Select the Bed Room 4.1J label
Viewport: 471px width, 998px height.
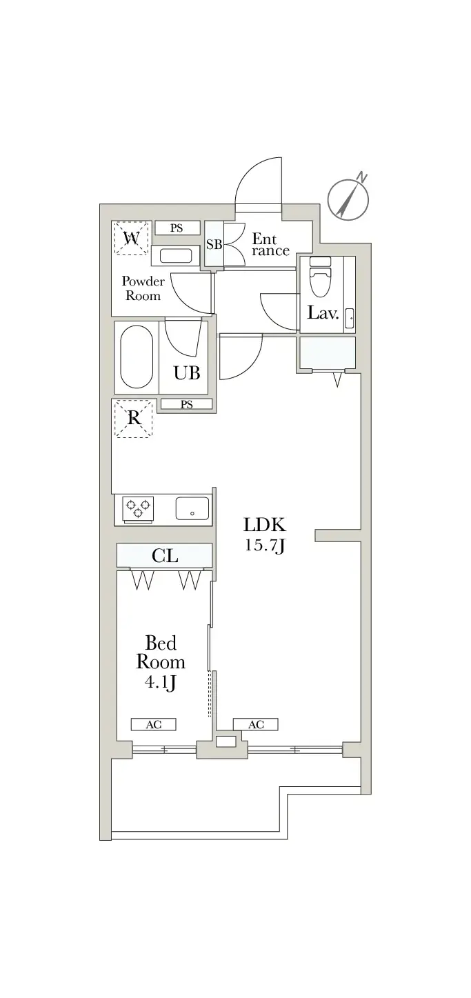click(161, 663)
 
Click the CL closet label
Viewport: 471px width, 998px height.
click(165, 556)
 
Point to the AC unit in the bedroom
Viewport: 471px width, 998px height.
click(154, 724)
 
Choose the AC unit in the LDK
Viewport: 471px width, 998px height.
click(256, 724)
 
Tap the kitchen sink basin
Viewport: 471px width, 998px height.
click(192, 508)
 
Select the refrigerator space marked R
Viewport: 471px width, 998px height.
click(134, 419)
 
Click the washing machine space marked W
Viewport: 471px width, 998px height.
click(131, 239)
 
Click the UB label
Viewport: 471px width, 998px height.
click(187, 373)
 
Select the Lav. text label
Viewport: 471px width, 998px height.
click(323, 314)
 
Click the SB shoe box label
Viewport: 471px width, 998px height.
click(214, 245)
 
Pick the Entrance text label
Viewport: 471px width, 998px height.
click(270, 245)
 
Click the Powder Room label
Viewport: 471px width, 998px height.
click(143, 288)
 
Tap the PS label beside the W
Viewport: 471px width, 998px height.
click(177, 228)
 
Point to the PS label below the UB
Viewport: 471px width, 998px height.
click(187, 405)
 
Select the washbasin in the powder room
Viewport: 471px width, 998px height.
click(176, 256)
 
